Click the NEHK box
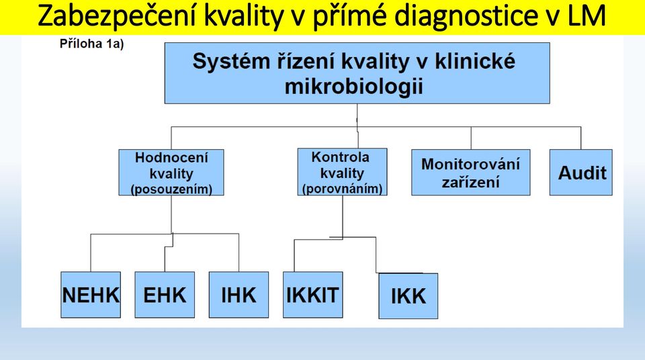(91, 295)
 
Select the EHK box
(165, 295)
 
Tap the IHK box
(239, 295)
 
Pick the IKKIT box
(312, 295)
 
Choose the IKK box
(408, 296)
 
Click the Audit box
(580, 173)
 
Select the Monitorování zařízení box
(470, 173)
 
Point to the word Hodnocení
(171, 158)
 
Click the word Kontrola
(340, 157)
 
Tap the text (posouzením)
(171, 189)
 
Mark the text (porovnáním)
(342, 189)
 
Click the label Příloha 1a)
(92, 44)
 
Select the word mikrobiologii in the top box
(354, 87)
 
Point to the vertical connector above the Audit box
(580, 138)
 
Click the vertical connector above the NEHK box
(91, 253)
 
